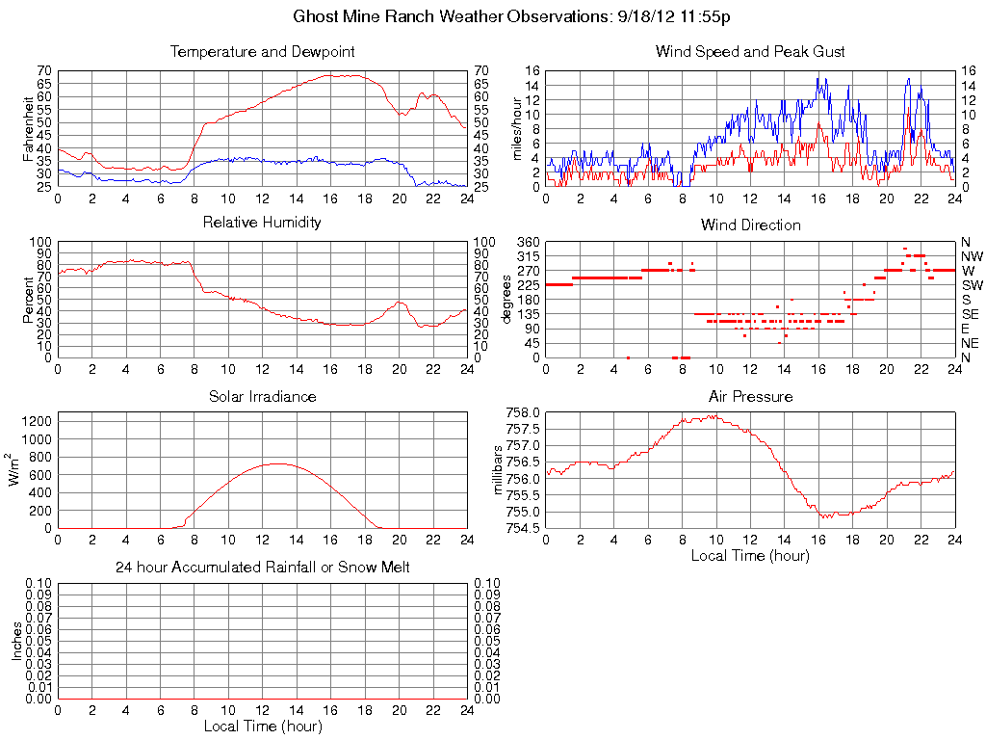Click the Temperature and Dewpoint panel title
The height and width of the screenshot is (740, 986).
262,52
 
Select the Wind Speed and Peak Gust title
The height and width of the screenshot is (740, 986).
750,52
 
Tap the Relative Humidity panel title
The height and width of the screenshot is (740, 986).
262,223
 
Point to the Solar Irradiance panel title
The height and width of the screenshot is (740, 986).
262,397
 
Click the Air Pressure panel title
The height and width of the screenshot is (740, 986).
750,397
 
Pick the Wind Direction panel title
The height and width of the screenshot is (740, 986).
750,225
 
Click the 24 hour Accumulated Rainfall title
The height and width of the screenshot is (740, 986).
262,568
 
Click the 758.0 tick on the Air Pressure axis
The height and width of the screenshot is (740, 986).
523,412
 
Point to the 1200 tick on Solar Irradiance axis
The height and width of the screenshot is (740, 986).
37,420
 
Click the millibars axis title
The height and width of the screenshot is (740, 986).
498,470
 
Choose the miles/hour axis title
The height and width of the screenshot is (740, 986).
517,129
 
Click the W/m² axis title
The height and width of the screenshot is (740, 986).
16,470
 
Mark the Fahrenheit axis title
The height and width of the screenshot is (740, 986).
28,129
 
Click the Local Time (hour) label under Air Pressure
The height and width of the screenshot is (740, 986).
750,555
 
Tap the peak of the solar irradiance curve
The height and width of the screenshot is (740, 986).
277,463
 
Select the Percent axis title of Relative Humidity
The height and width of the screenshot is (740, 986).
28,300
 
